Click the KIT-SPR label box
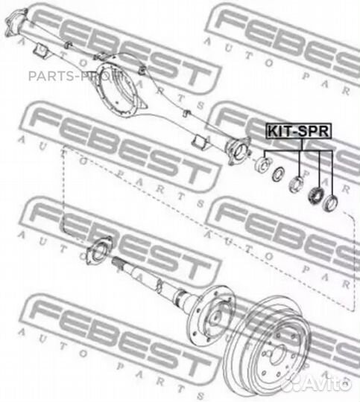[299, 131]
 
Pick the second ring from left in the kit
[278, 174]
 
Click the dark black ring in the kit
[315, 195]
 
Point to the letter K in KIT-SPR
[272, 131]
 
